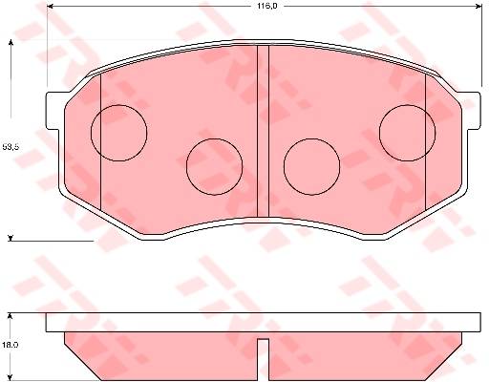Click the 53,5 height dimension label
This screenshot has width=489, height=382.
tap(11, 147)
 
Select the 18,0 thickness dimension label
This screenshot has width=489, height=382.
tap(10, 345)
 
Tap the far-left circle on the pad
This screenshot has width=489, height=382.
tap(118, 105)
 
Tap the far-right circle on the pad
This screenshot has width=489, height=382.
tap(407, 105)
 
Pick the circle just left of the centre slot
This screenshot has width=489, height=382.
tap(214, 138)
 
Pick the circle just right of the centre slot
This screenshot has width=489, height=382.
tap(311, 138)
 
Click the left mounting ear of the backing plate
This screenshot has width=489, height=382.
tap(53, 111)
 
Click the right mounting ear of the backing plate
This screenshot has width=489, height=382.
tap(474, 111)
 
